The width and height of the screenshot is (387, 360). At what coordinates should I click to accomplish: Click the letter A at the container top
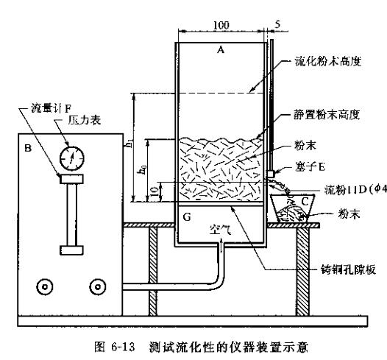coord(220,50)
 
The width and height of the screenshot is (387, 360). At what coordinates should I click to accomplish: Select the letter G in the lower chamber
coord(186,218)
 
